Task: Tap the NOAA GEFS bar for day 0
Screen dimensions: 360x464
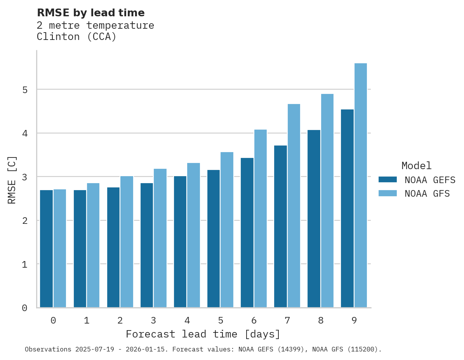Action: [x=46, y=249]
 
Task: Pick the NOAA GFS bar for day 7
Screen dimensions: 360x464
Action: [x=294, y=206]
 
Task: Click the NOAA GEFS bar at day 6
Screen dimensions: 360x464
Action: [x=247, y=233]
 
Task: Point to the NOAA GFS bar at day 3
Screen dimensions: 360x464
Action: [x=160, y=238]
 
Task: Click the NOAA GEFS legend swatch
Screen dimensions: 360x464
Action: [x=388, y=180]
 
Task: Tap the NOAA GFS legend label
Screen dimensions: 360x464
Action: [x=427, y=194]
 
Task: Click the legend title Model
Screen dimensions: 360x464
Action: [x=416, y=166]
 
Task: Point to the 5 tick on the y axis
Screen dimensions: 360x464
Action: [x=24, y=90]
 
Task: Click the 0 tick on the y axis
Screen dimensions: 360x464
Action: [x=24, y=308]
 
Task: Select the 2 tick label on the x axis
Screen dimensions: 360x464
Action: [x=120, y=320]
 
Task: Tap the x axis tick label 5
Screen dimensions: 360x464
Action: [x=221, y=320]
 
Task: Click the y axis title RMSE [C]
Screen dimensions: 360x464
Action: [x=12, y=180]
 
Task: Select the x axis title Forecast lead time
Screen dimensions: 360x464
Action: [x=203, y=334]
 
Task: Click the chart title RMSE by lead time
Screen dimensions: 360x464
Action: [x=90, y=13]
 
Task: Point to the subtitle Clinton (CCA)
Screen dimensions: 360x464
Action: [x=76, y=37]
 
